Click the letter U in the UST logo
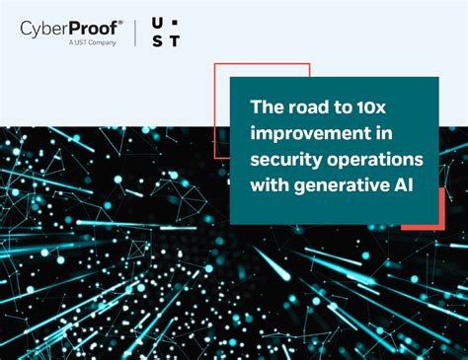point(159,22)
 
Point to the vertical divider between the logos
point(135,31)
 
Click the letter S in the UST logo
point(159,39)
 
